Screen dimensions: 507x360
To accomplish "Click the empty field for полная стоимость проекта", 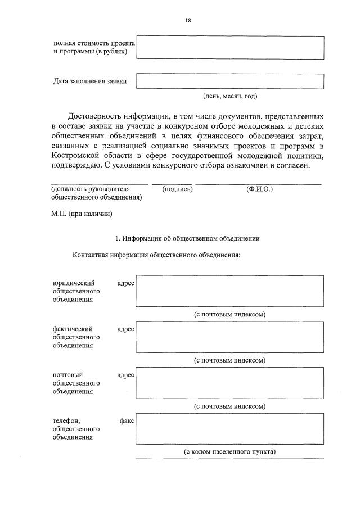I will tap(230, 47).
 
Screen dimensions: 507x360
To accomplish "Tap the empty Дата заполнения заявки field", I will tap(230, 81).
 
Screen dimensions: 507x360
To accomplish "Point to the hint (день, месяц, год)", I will tap(230, 96).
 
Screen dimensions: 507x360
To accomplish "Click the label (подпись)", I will tap(177, 189).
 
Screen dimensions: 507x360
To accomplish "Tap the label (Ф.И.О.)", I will tap(259, 189).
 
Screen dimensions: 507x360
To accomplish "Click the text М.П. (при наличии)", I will tap(82, 214).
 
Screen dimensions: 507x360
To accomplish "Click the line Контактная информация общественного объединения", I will tap(157, 255).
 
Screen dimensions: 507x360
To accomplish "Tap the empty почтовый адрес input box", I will tap(230, 383).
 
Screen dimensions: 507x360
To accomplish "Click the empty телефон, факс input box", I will tap(230, 428).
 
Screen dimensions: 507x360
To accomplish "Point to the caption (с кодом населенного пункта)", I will tap(230, 451).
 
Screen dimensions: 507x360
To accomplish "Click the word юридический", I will tap(73, 283).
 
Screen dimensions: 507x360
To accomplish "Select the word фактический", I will tap(73, 328).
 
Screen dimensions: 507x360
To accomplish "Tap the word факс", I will tap(127, 420).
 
